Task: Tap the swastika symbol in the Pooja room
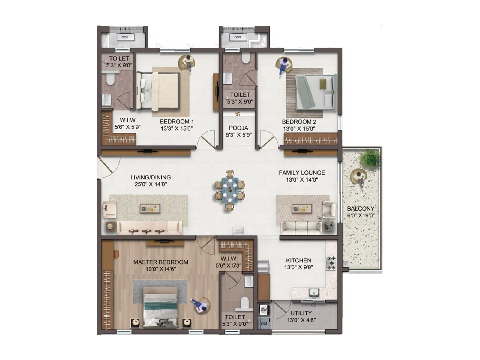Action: coord(238,114)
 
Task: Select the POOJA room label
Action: coord(238,128)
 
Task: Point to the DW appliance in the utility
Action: coord(264,310)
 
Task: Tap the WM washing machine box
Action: coord(264,323)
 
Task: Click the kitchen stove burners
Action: coord(331,263)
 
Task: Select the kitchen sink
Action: coord(314,292)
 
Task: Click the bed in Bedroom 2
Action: coord(315,92)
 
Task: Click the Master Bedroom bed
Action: coord(160,306)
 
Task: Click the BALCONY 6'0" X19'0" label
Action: coord(361,212)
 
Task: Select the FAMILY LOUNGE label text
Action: coord(302,173)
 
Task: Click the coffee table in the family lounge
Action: coord(302,208)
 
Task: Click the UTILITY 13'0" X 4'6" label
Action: coord(301,316)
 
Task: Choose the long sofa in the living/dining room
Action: coord(149,228)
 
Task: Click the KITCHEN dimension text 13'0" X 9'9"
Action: coord(298,267)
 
